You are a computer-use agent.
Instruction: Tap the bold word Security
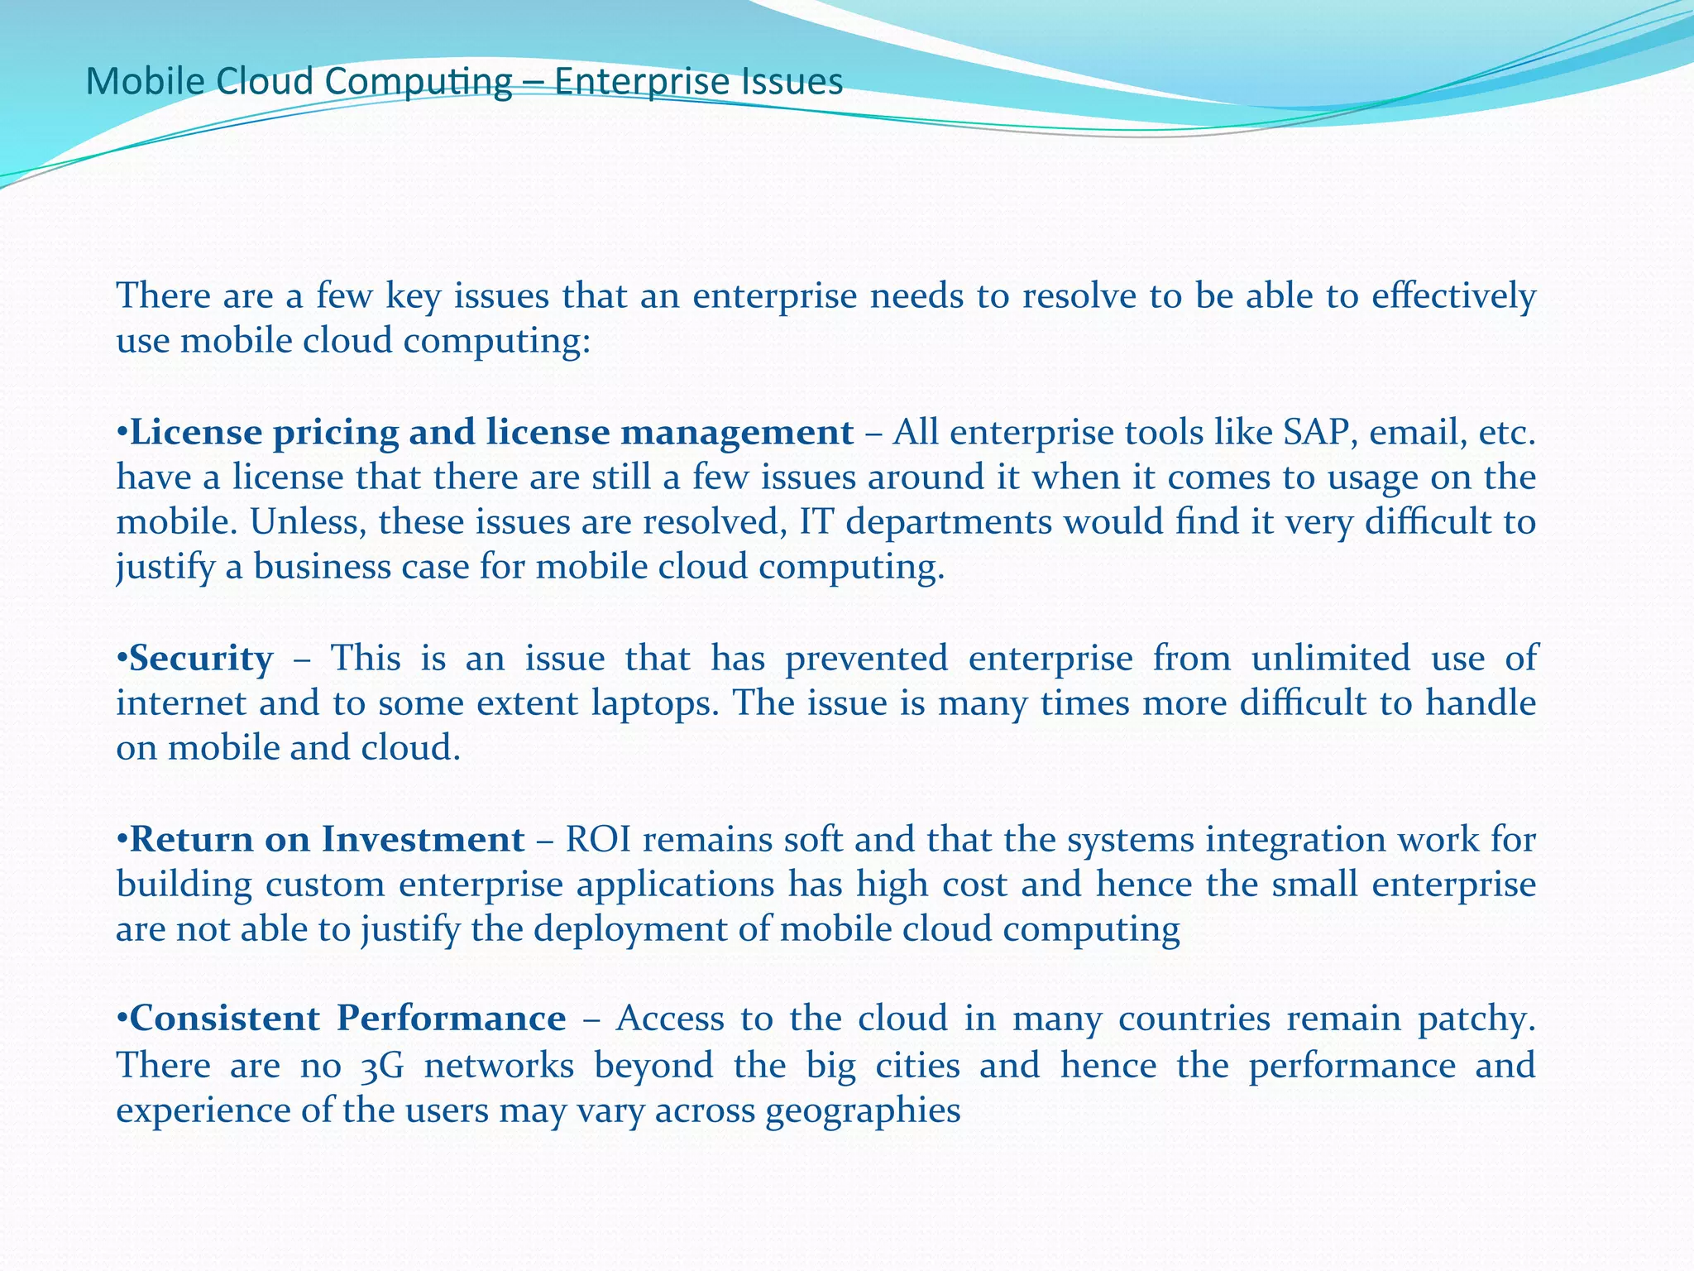[x=201, y=659]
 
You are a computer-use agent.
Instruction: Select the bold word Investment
[x=423, y=840]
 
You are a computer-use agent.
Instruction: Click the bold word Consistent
[x=224, y=1019]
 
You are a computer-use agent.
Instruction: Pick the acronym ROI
[x=597, y=840]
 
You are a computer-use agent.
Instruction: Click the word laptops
[x=655, y=704]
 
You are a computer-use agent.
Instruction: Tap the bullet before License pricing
[x=122, y=433]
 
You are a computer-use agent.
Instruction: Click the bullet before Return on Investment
[x=122, y=840]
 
